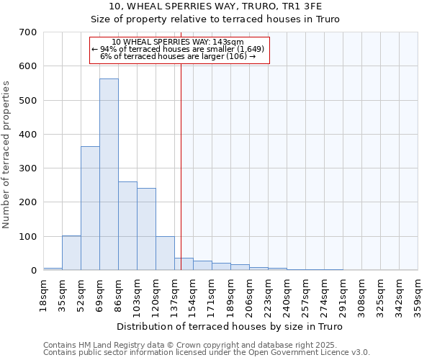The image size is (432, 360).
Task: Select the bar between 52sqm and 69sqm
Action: coord(90,208)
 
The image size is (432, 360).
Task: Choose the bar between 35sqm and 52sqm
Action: coord(71,253)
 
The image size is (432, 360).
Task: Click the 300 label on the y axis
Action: coord(28,168)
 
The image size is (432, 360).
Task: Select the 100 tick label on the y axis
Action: coord(28,237)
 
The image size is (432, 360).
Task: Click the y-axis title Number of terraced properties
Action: coord(7,155)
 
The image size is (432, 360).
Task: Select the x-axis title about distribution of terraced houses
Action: coord(230,327)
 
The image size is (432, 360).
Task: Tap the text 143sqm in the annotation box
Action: coord(232,42)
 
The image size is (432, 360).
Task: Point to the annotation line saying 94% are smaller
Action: coord(179,49)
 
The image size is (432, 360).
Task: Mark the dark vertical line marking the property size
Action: coord(181,166)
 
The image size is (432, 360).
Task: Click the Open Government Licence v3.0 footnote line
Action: coord(207,353)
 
